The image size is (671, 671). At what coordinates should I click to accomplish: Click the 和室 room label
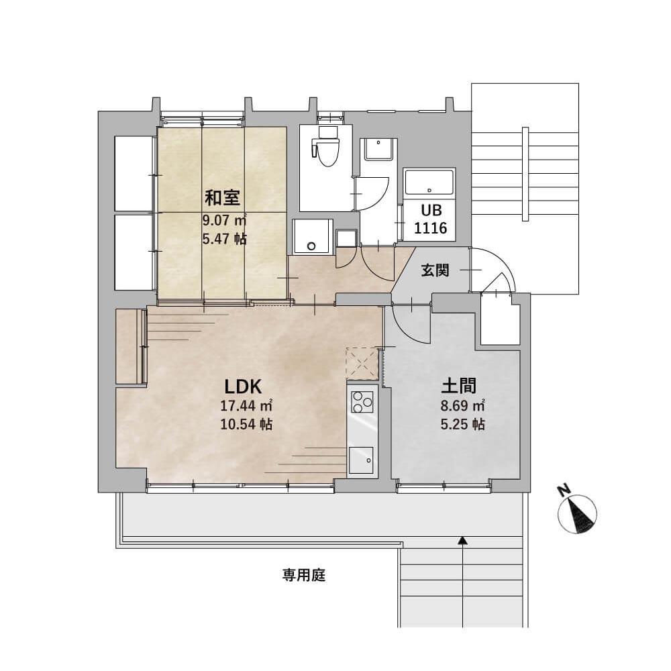[x=223, y=198]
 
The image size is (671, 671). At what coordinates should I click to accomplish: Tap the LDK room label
[x=243, y=387]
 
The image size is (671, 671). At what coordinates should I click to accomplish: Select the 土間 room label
[x=459, y=386]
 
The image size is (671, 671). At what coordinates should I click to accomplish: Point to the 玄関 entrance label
[x=435, y=270]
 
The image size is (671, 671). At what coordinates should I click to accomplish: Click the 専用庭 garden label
[x=304, y=575]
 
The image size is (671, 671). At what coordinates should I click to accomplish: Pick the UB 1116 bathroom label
[x=431, y=219]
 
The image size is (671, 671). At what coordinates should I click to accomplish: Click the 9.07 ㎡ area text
[x=224, y=220]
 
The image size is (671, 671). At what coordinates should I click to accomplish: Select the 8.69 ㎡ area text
[x=462, y=405]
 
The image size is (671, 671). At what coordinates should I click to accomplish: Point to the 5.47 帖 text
[x=224, y=239]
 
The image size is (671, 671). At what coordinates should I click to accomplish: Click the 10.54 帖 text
[x=246, y=424]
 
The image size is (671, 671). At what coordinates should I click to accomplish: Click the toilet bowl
[x=327, y=147]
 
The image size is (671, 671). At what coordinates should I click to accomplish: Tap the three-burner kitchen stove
[x=362, y=402]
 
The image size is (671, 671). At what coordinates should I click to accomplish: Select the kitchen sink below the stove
[x=361, y=460]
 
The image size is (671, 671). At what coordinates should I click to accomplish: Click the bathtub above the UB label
[x=429, y=183]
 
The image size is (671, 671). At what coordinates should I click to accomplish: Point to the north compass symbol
[x=578, y=514]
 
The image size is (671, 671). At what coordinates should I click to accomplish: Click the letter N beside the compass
[x=565, y=490]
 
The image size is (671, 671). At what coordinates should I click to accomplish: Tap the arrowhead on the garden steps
[x=462, y=541]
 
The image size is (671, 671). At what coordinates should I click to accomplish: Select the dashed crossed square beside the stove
[x=362, y=364]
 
